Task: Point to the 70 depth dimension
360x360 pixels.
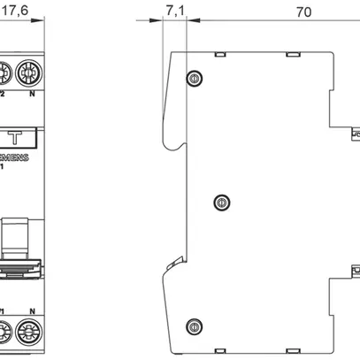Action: [303, 12]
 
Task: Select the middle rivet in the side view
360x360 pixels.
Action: [220, 203]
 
